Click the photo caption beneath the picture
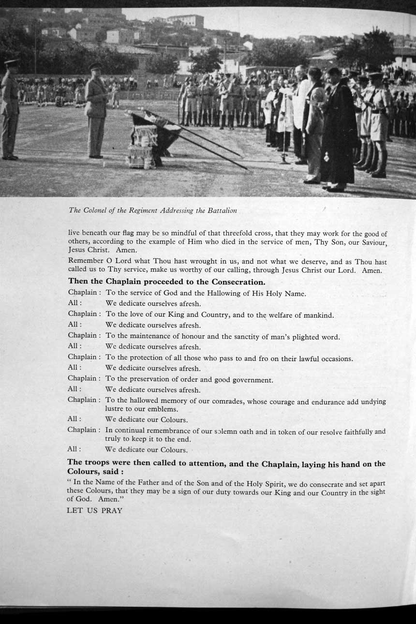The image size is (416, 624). [153, 210]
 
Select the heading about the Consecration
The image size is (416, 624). [166, 282]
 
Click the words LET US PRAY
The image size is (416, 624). [95, 510]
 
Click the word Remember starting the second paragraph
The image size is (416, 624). [86, 261]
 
